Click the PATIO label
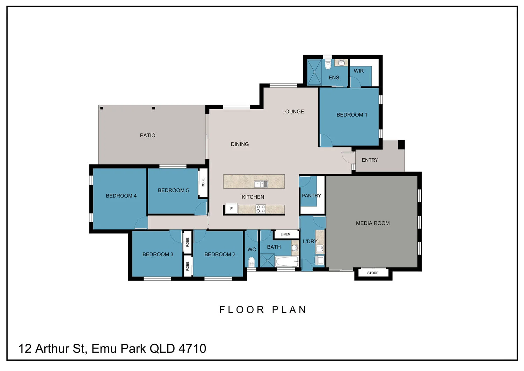[x=147, y=135]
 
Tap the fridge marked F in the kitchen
[x=231, y=209]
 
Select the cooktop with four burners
[x=260, y=209]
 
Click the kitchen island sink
[x=261, y=184]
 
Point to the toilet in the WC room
[x=251, y=262]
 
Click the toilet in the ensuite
[x=328, y=65]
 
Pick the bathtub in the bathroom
[x=287, y=261]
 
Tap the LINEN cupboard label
[x=285, y=234]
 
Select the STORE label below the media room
[x=373, y=273]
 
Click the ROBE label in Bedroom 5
[x=203, y=183]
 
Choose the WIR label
[x=359, y=71]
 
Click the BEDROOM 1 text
[x=351, y=115]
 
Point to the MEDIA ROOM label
[x=373, y=223]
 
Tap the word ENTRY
[x=370, y=160]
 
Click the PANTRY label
[x=311, y=196]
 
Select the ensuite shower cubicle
[x=314, y=72]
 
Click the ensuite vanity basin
[x=341, y=63]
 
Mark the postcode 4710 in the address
[x=192, y=349]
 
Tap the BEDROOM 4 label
[x=121, y=196]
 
